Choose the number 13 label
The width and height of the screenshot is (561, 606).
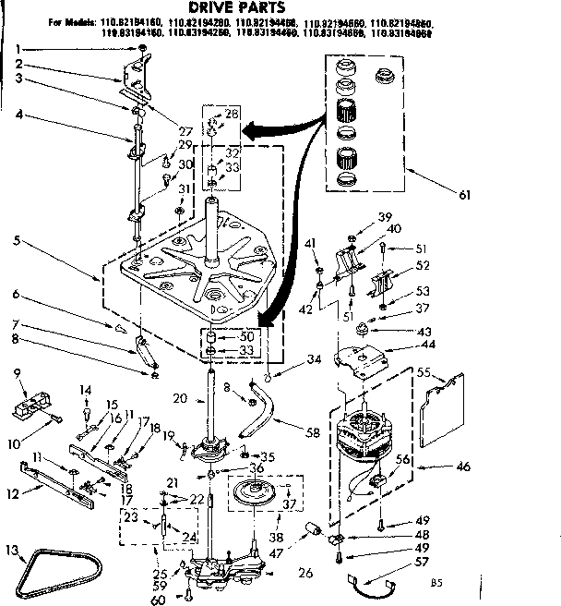pyautogui.click(x=12, y=551)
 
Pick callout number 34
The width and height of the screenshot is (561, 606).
pyautogui.click(x=315, y=358)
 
